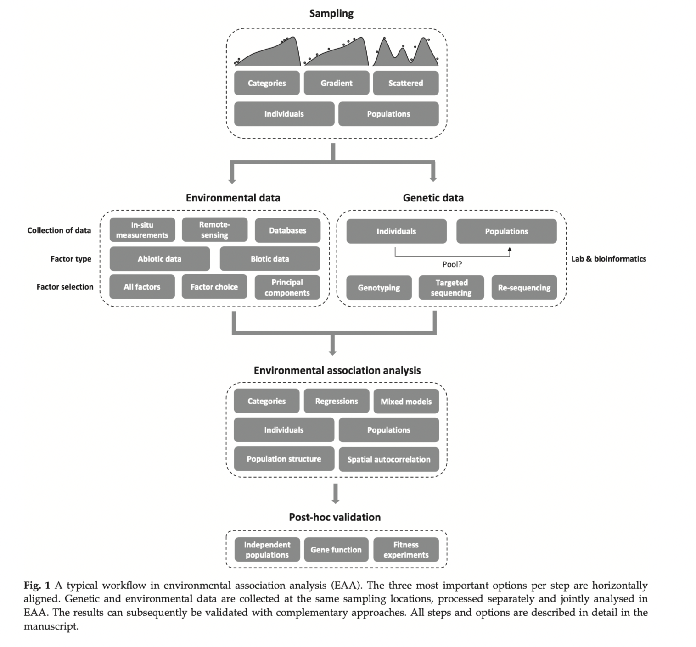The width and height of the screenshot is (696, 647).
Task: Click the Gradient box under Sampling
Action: click(336, 83)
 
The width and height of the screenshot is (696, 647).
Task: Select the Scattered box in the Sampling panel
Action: click(405, 83)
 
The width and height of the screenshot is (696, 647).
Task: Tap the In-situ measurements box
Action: click(142, 230)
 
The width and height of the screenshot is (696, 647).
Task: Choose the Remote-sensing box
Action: click(214, 230)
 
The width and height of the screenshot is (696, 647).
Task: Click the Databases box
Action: click(287, 230)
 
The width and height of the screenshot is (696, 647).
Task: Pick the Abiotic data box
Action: click(159, 259)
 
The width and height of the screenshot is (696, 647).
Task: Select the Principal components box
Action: click(287, 287)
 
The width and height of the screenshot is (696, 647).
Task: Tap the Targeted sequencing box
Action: click(451, 288)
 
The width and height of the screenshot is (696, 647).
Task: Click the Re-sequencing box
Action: click(524, 288)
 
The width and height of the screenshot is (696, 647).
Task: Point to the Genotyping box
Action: click(379, 288)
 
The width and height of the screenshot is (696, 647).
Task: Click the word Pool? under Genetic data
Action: click(452, 264)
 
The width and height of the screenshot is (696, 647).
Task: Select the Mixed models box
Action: click(406, 402)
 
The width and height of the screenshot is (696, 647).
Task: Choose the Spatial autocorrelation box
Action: click(388, 459)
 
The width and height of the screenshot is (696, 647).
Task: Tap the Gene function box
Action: click(336, 550)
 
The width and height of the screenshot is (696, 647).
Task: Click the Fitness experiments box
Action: click(406, 550)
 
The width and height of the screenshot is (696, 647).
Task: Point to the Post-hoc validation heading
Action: click(335, 517)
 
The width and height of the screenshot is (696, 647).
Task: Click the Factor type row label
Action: click(71, 259)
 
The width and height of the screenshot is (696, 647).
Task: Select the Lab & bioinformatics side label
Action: click(608, 259)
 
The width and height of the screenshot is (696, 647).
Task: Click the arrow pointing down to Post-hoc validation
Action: click(336, 494)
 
